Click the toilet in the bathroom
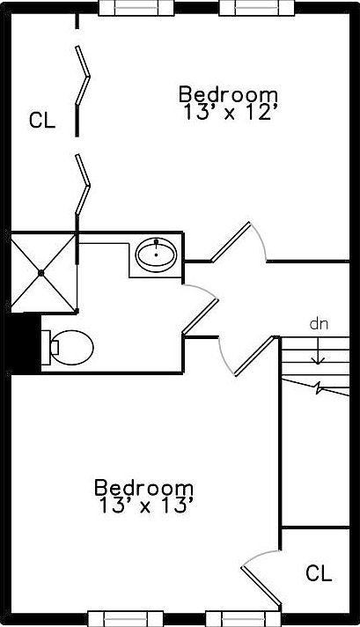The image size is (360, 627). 68,348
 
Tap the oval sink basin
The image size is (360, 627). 156,254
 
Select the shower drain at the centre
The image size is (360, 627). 40,273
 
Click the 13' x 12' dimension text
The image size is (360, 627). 230,113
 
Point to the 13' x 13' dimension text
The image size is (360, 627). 146,506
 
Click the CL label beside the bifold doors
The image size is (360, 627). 42,120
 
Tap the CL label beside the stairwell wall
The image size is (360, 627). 319,573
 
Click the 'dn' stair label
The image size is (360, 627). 319,324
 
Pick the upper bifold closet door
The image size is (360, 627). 83,76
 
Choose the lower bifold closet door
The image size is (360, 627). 83,185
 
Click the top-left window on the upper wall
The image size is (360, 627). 136,8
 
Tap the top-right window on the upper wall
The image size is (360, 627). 256,8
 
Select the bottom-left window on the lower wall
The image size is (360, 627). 126,618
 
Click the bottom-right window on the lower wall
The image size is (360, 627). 243,618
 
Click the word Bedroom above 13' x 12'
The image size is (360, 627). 228,95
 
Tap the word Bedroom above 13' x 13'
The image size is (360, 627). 143,488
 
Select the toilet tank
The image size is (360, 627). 46,348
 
